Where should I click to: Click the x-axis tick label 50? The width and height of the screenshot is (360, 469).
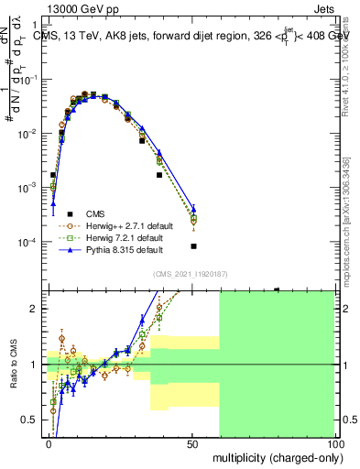coord(191,442)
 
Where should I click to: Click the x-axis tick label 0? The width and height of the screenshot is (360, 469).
coord(49,442)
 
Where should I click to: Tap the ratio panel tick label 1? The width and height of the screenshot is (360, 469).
coord(36,365)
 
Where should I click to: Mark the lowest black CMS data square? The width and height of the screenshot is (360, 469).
coord(193,246)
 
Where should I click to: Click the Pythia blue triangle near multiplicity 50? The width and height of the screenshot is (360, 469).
coord(193,210)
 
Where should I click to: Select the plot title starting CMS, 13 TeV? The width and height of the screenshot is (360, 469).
coord(192,37)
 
